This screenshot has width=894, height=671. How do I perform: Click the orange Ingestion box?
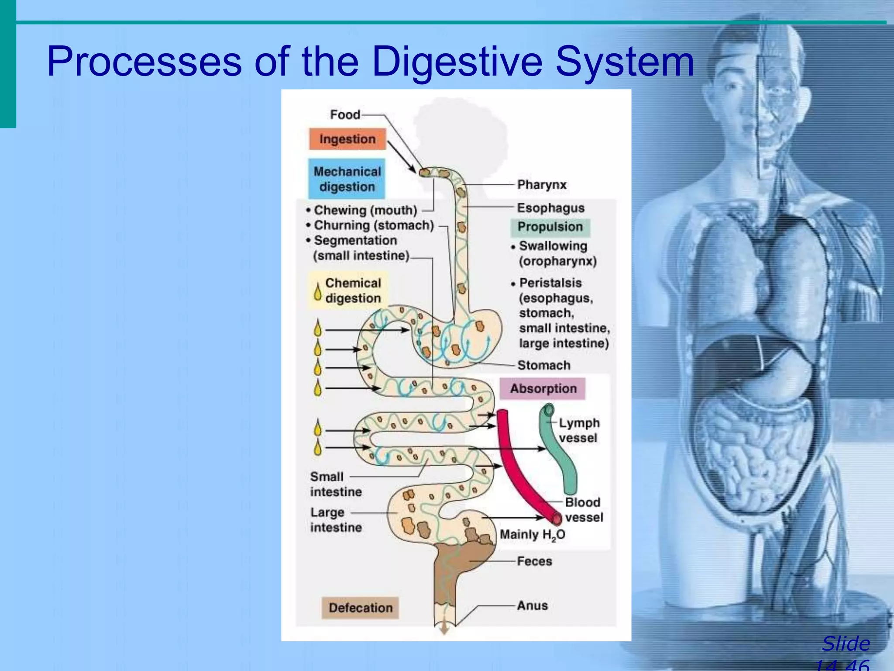pyautogui.click(x=347, y=139)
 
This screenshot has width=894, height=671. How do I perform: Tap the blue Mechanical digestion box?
pyautogui.click(x=347, y=179)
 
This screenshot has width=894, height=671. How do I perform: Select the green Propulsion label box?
pyautogui.click(x=550, y=227)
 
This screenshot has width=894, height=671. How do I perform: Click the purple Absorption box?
pyautogui.click(x=543, y=388)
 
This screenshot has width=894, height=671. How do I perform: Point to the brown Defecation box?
pyautogui.click(x=361, y=608)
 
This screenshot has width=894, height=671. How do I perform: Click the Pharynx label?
pyautogui.click(x=542, y=185)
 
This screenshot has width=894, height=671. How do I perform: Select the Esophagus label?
pyautogui.click(x=550, y=208)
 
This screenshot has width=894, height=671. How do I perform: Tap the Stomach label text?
pyautogui.click(x=543, y=365)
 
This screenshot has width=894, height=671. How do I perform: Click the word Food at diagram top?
pyautogui.click(x=345, y=114)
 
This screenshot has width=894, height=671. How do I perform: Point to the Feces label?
pyautogui.click(x=534, y=561)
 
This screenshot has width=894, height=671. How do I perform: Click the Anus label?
pyautogui.click(x=532, y=605)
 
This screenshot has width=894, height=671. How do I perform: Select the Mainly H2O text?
pyautogui.click(x=532, y=535)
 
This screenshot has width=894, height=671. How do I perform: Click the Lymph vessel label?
pyautogui.click(x=579, y=430)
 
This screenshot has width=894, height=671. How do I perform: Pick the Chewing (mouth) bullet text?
pyautogui.click(x=365, y=210)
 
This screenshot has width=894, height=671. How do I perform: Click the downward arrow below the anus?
pyautogui.click(x=444, y=629)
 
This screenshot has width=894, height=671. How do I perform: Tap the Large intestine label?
pyautogui.click(x=336, y=520)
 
